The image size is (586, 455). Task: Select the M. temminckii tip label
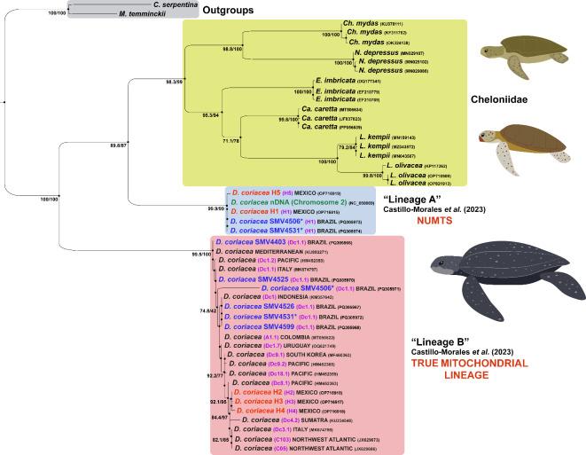coord(141,16)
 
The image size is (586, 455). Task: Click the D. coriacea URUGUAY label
coord(284,345)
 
